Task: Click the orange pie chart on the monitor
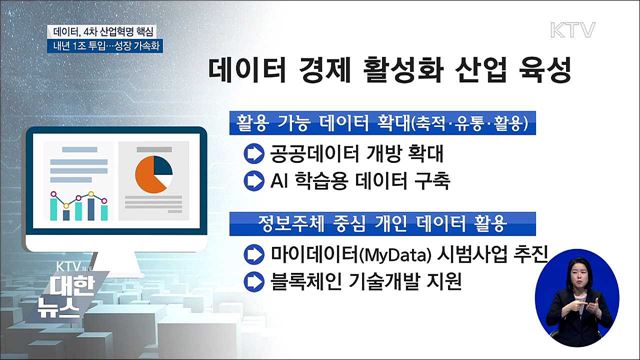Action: click(150, 172)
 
